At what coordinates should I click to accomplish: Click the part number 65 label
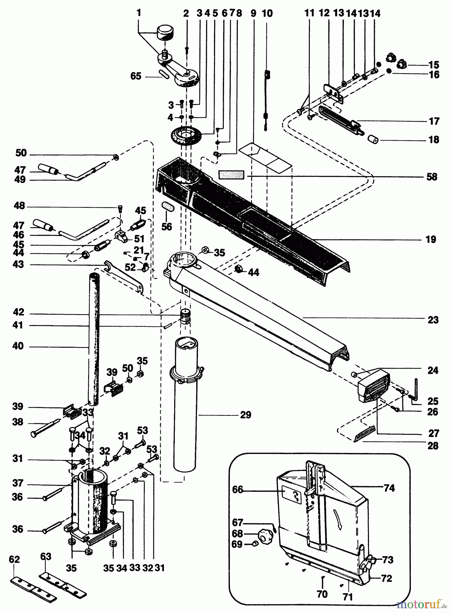point(136,76)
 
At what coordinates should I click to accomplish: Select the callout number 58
point(432,177)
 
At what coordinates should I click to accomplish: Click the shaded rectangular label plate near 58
point(231,175)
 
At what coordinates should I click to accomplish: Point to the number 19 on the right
point(431,239)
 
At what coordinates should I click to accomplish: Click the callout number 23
point(433,320)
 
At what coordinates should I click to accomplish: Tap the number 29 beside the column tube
point(246,415)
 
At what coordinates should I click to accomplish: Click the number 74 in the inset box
point(389,488)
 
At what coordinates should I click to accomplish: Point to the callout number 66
point(238,489)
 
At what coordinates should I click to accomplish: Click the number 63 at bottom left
point(46,556)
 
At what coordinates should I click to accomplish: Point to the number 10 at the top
point(267,13)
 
